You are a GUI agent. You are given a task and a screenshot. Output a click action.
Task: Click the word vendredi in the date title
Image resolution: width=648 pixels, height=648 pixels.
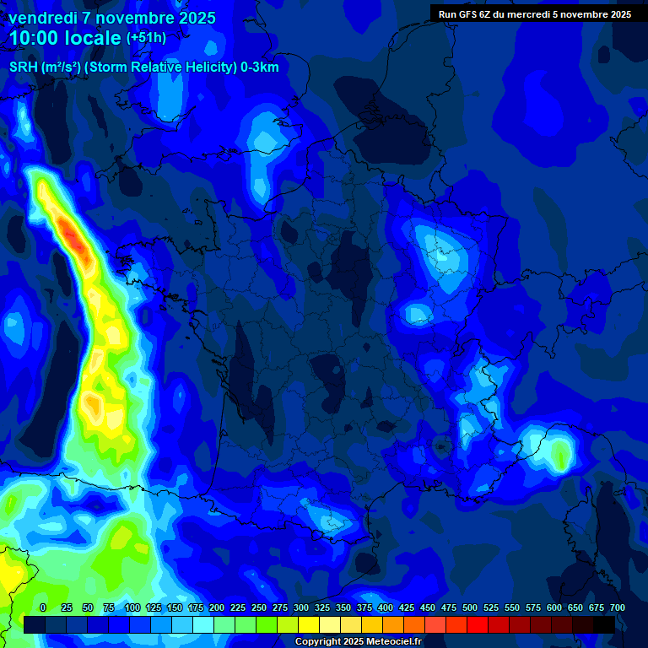pyautogui.click(x=42, y=18)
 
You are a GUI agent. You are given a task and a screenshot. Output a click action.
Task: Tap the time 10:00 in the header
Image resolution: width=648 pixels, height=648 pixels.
pyautogui.click(x=35, y=39)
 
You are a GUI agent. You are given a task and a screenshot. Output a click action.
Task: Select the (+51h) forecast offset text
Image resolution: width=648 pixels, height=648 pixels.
pyautogui.click(x=147, y=38)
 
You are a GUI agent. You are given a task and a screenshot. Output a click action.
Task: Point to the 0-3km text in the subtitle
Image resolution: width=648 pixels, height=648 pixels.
pyautogui.click(x=259, y=67)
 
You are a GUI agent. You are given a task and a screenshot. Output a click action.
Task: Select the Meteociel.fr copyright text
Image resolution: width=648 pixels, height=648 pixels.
pyautogui.click(x=359, y=641)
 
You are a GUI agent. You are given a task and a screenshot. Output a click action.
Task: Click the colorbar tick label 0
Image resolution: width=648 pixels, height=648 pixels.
pyautogui.click(x=43, y=607)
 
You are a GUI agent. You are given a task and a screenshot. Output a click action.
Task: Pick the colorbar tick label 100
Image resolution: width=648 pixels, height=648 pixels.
pyautogui.click(x=132, y=607)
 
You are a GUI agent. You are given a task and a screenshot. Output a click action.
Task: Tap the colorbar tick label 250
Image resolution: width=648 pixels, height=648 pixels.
pyautogui.click(x=259, y=607)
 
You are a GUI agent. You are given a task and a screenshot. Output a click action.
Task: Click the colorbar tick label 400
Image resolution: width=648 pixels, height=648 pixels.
pyautogui.click(x=386, y=607)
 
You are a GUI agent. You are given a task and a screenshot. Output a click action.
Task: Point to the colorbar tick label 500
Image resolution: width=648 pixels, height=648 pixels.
pyautogui.click(x=470, y=607)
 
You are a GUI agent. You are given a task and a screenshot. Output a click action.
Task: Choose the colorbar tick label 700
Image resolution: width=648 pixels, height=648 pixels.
pyautogui.click(x=618, y=607)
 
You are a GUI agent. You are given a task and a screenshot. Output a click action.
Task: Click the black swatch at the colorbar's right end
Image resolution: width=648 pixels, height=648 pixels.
pyautogui.click(x=604, y=624)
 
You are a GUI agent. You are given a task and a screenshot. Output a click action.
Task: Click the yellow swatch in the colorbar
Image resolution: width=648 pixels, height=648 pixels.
pyautogui.click(x=309, y=624)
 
